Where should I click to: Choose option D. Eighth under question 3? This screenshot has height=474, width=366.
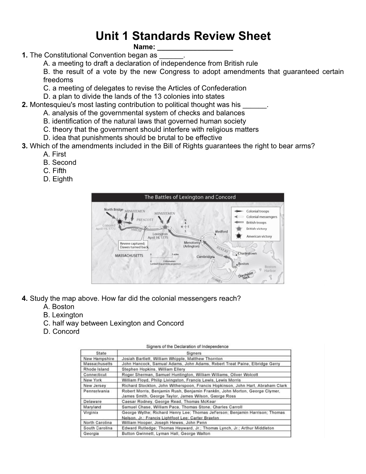click(x=58, y=179)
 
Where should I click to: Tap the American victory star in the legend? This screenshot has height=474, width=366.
click(x=238, y=236)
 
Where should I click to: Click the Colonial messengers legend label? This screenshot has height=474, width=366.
click(x=262, y=217)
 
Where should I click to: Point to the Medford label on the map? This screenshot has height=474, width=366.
click(x=221, y=231)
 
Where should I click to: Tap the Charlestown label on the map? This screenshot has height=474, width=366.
click(x=248, y=254)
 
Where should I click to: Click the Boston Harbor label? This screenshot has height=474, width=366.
click(x=270, y=269)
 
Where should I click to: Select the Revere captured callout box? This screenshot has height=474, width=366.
click(x=133, y=245)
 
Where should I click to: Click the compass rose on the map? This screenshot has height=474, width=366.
click(x=185, y=227)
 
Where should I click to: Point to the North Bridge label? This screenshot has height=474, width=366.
click(x=113, y=209)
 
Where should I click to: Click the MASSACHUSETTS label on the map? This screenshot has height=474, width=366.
click(x=129, y=256)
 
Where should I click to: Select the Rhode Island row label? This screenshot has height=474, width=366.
click(x=96, y=369)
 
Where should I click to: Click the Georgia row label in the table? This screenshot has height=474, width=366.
click(x=91, y=433)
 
